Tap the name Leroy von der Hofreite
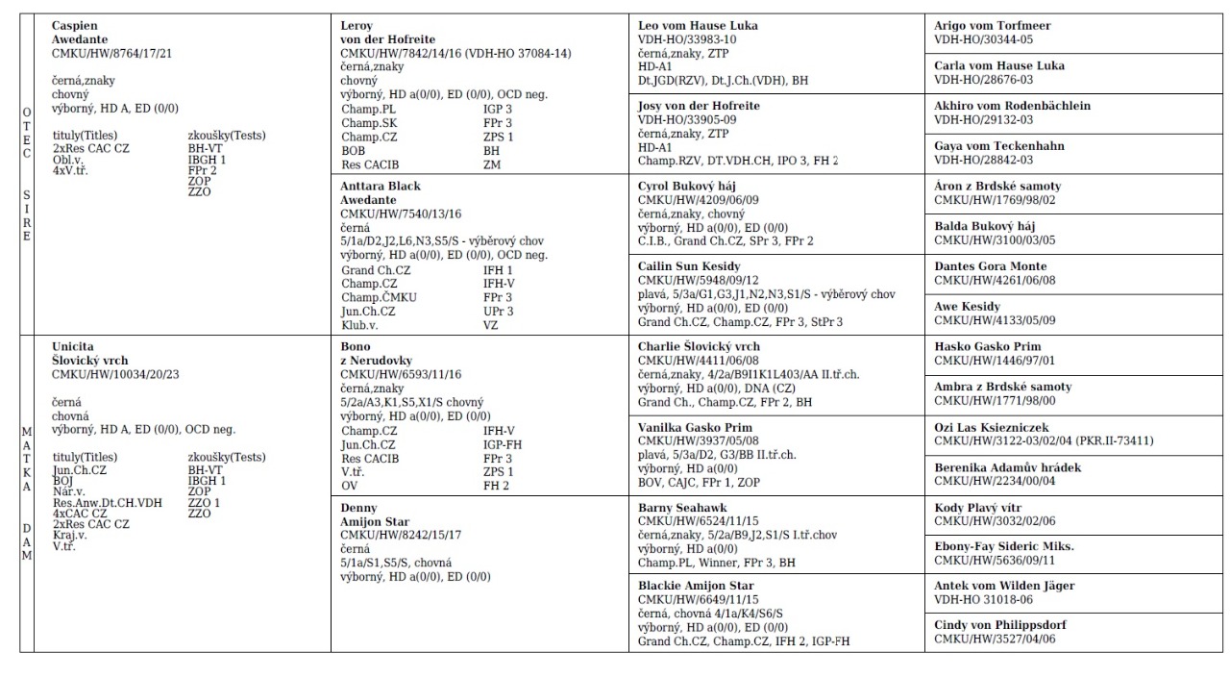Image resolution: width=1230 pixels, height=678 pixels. coord(383,33)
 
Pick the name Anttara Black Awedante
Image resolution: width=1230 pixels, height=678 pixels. coord(381,193)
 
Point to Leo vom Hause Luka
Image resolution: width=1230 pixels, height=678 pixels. coord(699,26)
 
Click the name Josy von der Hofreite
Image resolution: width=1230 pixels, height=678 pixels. coord(699,106)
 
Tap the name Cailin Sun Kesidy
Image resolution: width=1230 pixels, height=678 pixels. coord(689,266)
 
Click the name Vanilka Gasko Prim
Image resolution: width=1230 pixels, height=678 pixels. coord(696,428)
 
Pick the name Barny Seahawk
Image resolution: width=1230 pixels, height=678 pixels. coord(682,508)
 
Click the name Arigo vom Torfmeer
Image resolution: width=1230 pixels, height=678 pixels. coord(993,26)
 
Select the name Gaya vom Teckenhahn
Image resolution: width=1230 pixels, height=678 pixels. coord(999,146)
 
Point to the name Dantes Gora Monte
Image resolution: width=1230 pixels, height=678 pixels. coord(991,266)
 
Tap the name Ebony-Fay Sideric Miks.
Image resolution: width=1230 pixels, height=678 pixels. coord(1004,546)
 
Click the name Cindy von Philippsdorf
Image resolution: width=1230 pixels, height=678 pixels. coord(1000,625)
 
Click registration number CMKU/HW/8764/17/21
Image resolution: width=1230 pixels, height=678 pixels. coord(111,53)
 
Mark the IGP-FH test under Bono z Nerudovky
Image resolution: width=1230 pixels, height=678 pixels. coord(503,445)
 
